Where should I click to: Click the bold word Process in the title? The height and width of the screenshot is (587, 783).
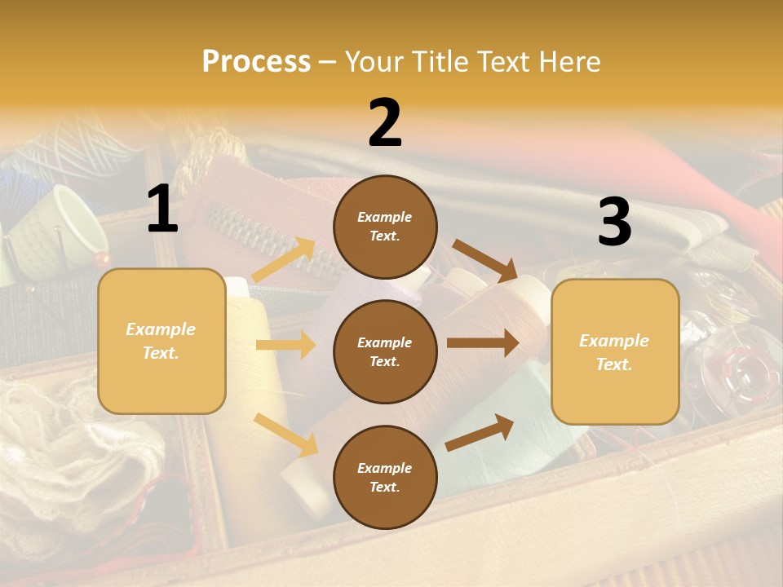pos(256,61)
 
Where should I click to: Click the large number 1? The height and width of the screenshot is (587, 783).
pos(162,210)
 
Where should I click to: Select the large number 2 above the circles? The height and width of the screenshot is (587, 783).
pos(385,123)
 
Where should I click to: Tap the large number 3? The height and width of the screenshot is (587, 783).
pos(614,222)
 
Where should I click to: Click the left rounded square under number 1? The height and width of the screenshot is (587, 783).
pos(161,341)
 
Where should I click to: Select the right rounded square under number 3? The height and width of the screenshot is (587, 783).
pos(615,352)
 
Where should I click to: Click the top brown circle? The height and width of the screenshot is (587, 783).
pos(385,227)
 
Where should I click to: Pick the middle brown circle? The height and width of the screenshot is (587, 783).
pos(385,351)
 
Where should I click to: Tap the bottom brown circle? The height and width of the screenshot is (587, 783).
pos(385,477)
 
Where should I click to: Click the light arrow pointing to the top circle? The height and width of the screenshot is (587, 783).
pos(284,260)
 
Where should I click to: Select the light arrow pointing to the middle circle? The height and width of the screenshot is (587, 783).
pos(285,345)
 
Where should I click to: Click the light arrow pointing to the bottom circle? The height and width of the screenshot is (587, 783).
pos(285,435)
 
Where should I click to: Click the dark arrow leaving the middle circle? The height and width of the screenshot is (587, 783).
pos(483,343)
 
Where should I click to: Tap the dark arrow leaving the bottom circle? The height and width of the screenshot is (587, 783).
pos(480,433)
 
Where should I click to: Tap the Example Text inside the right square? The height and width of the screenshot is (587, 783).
pos(614,352)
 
